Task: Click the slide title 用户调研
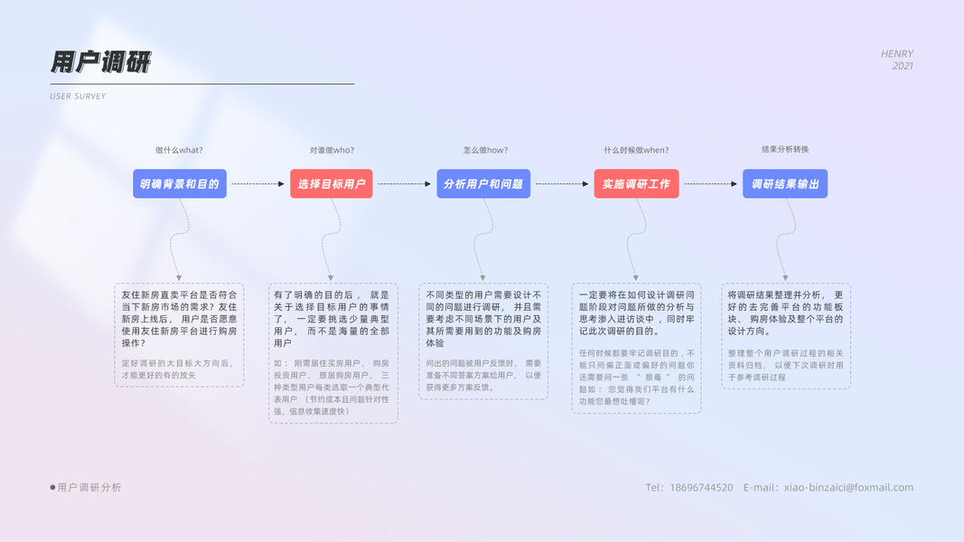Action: coord(100,61)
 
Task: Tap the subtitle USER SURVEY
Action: coord(78,96)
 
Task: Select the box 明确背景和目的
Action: coord(180,183)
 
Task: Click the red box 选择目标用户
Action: coord(332,183)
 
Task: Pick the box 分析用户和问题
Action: coord(483,183)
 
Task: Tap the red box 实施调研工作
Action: coord(636,183)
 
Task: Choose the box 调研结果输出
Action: coord(785,183)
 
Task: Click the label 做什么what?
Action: coord(179,150)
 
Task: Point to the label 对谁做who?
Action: coord(332,150)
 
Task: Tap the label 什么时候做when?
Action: coord(636,150)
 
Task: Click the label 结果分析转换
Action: coord(785,149)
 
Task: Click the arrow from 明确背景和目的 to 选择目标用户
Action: coord(257,184)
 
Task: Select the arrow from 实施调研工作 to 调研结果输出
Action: coord(710,184)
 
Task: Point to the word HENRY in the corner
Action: coord(897,54)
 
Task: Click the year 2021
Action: coord(903,66)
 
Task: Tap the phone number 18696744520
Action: coord(702,488)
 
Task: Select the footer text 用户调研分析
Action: coord(89,488)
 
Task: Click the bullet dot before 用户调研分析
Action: coord(52,488)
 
